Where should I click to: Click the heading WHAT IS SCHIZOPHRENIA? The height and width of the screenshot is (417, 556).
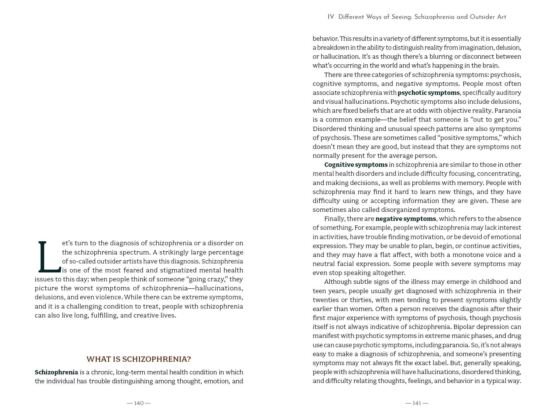pyautogui.click(x=139, y=359)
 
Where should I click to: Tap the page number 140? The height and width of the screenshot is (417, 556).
pyautogui.click(x=139, y=403)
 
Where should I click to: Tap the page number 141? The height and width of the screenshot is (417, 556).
pyautogui.click(x=417, y=403)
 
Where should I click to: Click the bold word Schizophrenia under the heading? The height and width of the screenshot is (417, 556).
pyautogui.click(x=56, y=372)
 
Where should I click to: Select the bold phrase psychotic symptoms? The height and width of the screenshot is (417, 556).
pyautogui.click(x=428, y=93)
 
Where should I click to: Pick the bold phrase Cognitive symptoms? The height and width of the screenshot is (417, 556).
pyautogui.click(x=356, y=165)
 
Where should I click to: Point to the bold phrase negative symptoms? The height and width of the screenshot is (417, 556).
pyautogui.click(x=406, y=219)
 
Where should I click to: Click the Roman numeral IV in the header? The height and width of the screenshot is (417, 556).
pyautogui.click(x=331, y=17)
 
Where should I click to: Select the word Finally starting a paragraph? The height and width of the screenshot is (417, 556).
pyautogui.click(x=334, y=219)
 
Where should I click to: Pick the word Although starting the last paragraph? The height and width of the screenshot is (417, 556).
pyautogui.click(x=338, y=282)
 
